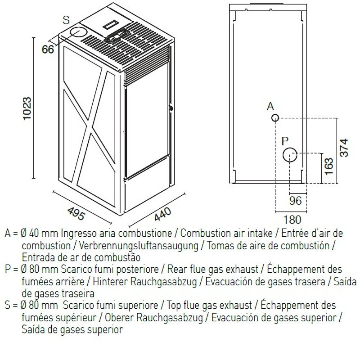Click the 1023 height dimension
tap(27, 108)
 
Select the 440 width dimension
tap(162, 214)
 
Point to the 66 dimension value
tap(48, 49)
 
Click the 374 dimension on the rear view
tap(344, 148)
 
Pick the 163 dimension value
tap(328, 166)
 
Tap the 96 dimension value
tap(295, 201)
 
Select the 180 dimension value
tap(292, 220)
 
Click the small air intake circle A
tap(275, 118)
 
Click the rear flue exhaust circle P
tap(290, 155)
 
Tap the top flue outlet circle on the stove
tap(78, 32)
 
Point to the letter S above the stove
tap(66, 20)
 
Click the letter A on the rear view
tap(271, 106)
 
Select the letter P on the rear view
tap(285, 140)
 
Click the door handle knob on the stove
tap(171, 108)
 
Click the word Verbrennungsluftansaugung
tap(139, 245)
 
